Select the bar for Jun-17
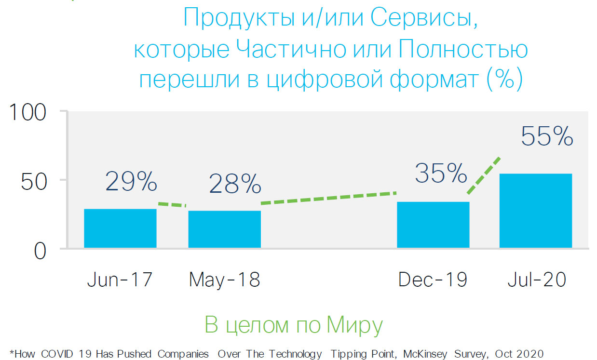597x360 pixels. (120, 228)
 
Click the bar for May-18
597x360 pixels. (224, 229)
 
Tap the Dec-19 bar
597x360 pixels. (433, 225)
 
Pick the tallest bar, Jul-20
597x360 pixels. (535, 211)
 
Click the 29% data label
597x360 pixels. (131, 181)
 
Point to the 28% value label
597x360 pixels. (235, 184)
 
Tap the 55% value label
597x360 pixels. (547, 136)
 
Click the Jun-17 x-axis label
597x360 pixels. (120, 280)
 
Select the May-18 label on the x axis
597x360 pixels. (224, 280)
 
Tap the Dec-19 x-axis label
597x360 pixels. (433, 280)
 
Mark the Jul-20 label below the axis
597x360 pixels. (536, 280)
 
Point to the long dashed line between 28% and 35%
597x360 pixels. (328, 198)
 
